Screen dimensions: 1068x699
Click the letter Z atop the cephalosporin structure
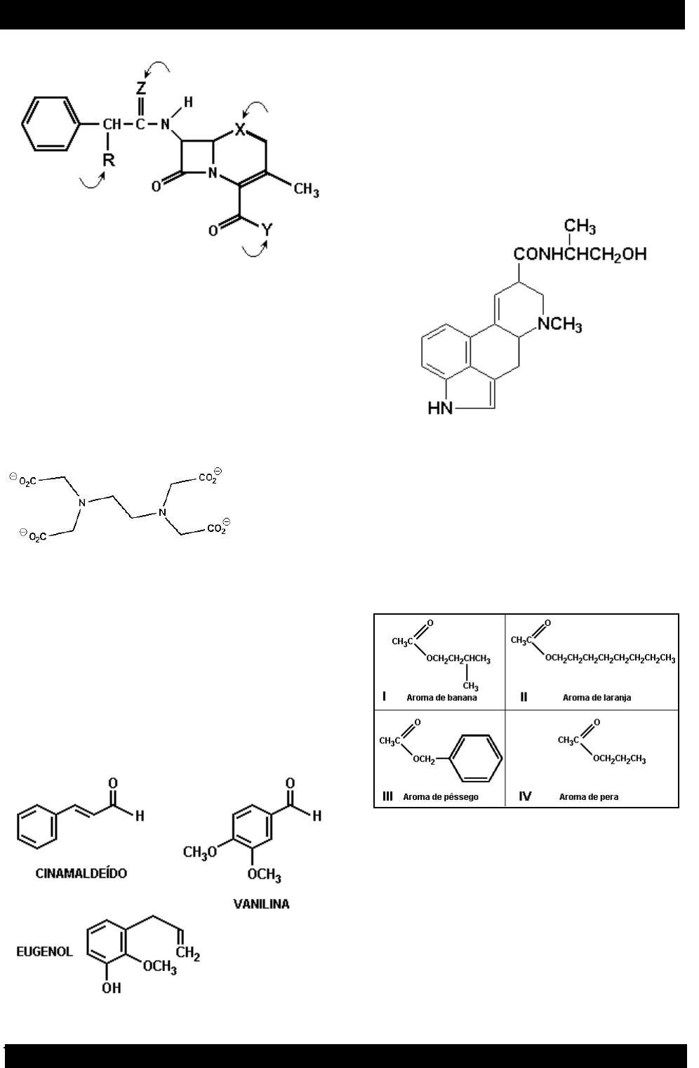coord(141,88)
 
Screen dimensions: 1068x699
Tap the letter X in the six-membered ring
coord(241,130)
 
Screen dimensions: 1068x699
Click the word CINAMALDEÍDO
coord(82,873)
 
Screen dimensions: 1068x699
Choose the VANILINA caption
coord(261,904)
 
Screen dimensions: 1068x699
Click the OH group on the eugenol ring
coord(111,987)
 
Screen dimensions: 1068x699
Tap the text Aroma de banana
coord(441,697)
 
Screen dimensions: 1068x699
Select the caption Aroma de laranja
coord(597,697)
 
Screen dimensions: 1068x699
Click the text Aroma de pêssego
coord(441,797)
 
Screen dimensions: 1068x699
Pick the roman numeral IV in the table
coord(525,796)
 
